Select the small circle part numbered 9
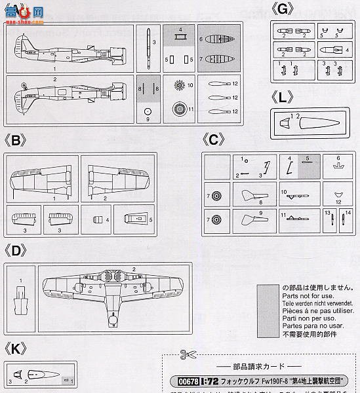tap(148, 111)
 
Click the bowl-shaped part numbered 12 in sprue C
tap(338, 195)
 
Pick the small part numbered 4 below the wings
tap(98, 219)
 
